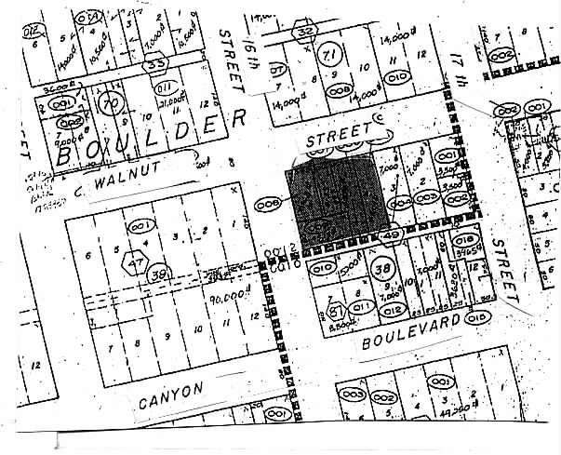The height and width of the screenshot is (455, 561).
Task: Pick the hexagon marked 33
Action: coord(156,63)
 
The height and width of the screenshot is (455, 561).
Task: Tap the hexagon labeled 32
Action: coord(304,32)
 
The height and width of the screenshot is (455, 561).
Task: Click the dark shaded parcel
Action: coord(336,201)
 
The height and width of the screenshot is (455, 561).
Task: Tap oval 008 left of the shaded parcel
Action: coord(269,203)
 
